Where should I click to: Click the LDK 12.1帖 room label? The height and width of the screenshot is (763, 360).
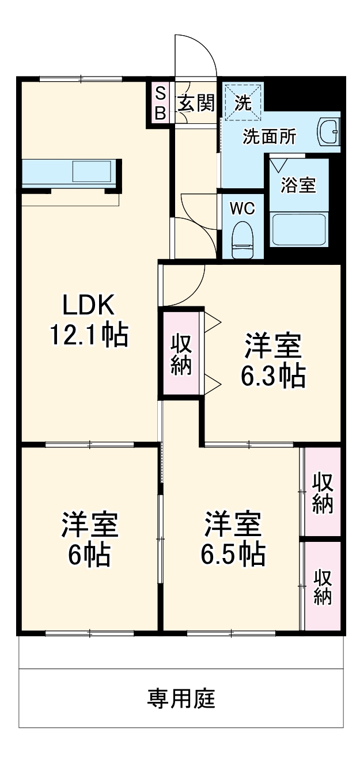(x=89, y=320)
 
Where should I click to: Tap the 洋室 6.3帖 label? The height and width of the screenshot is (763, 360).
(x=272, y=361)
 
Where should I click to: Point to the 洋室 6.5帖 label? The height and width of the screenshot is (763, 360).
(x=233, y=538)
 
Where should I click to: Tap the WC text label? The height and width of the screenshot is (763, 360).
(x=242, y=208)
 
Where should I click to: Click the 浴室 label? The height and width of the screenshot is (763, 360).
(x=298, y=185)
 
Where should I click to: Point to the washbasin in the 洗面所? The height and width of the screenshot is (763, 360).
(x=329, y=134)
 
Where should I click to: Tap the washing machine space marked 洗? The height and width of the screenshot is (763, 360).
(x=243, y=103)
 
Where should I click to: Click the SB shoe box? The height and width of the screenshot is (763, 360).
(x=160, y=103)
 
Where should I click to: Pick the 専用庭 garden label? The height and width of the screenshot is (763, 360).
(x=181, y=699)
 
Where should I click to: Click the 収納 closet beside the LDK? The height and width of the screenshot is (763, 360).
(x=181, y=353)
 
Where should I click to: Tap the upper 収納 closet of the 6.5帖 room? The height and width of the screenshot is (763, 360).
(x=323, y=492)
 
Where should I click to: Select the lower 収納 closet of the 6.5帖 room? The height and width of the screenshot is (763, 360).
(x=323, y=586)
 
